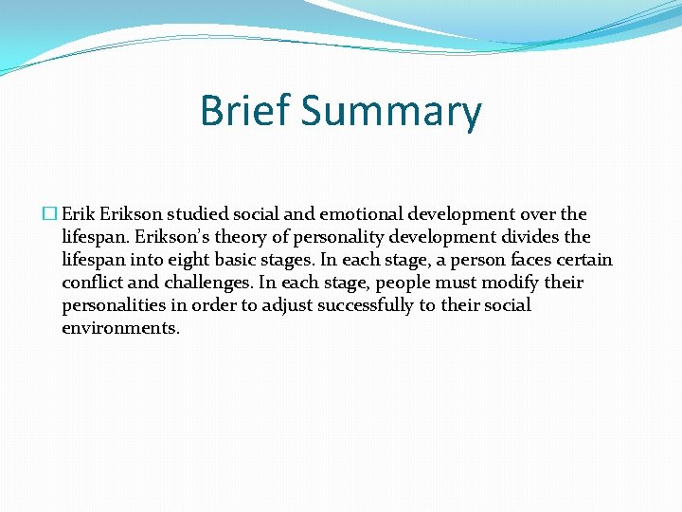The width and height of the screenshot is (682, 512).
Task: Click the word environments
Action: pos(120,328)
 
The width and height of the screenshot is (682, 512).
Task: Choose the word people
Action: pos(404,283)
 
